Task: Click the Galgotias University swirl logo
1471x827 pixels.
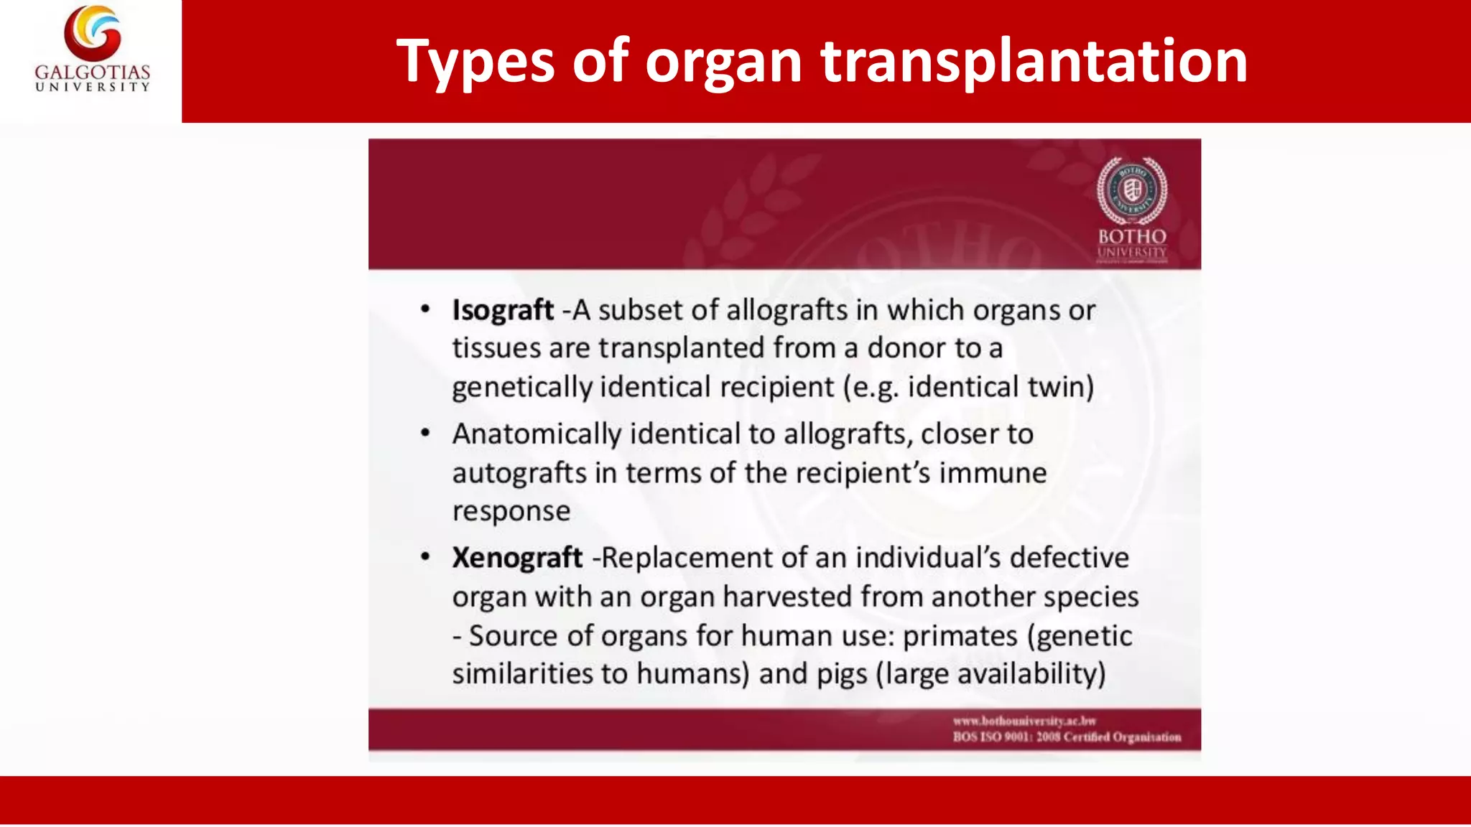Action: point(93,33)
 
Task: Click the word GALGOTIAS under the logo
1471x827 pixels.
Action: point(93,73)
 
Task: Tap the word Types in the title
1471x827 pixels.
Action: point(475,62)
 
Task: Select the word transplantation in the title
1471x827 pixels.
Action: point(1034,62)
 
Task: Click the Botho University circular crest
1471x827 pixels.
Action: point(1132,190)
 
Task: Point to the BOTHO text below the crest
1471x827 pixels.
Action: point(1132,236)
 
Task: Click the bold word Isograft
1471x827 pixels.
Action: point(503,310)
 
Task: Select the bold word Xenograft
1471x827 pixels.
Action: point(517,558)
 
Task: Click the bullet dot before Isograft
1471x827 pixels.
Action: point(425,309)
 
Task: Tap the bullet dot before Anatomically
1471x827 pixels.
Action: point(425,434)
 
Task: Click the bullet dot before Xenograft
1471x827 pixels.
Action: point(425,557)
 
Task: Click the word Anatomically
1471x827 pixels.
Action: point(537,434)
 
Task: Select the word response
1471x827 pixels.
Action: point(511,511)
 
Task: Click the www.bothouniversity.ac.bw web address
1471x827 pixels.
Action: point(1024,721)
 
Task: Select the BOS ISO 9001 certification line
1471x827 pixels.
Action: point(1067,737)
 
